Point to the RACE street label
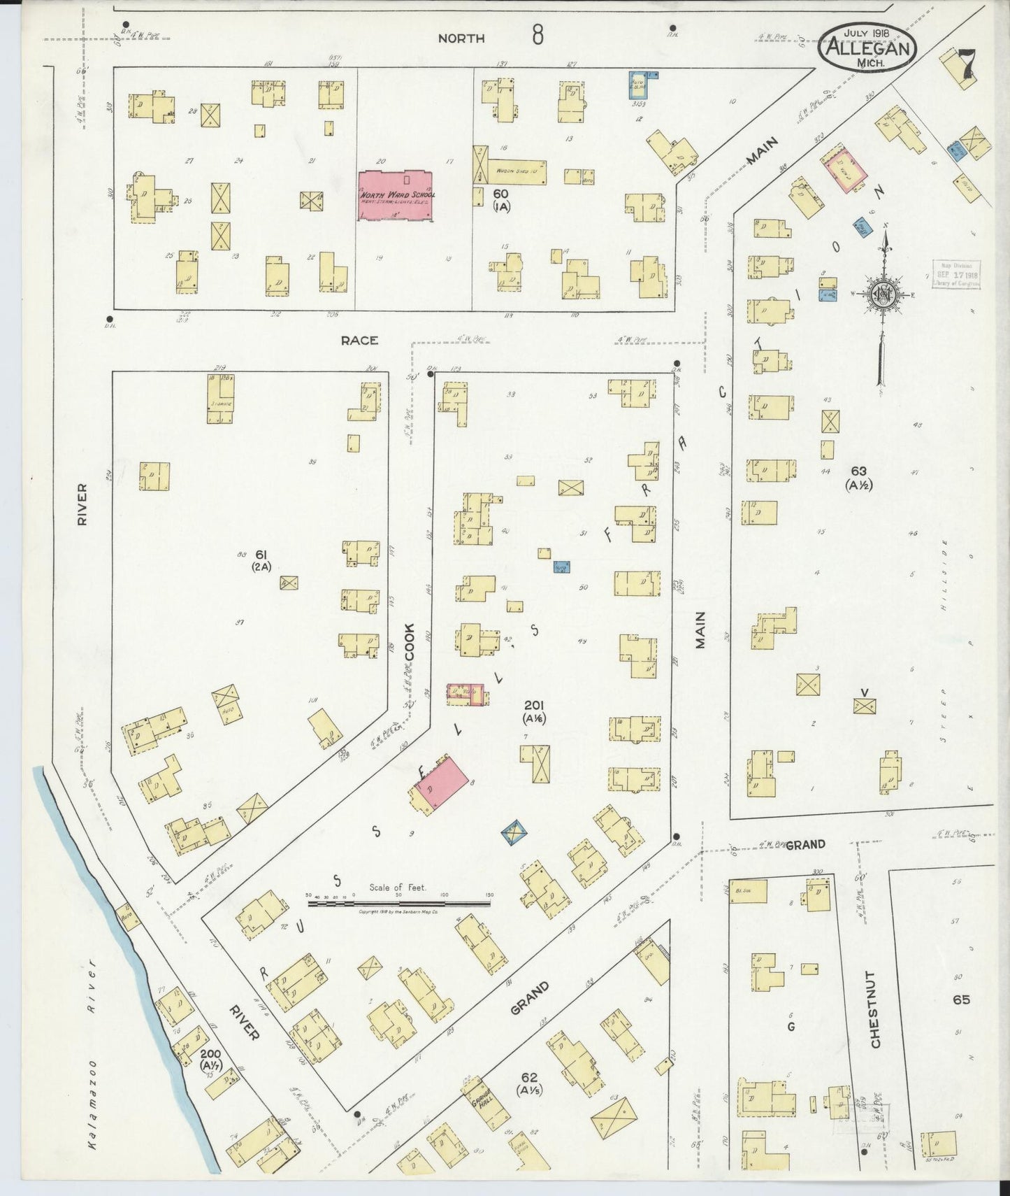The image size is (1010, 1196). click(x=359, y=341)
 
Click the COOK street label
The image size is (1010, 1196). click(x=410, y=642)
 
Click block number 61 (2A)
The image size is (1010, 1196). click(x=262, y=560)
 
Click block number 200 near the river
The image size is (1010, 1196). click(x=210, y=1060)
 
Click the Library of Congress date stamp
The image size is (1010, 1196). click(x=956, y=274)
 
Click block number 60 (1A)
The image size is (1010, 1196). click(x=500, y=199)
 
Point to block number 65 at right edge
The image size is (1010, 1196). click(x=961, y=1000)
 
